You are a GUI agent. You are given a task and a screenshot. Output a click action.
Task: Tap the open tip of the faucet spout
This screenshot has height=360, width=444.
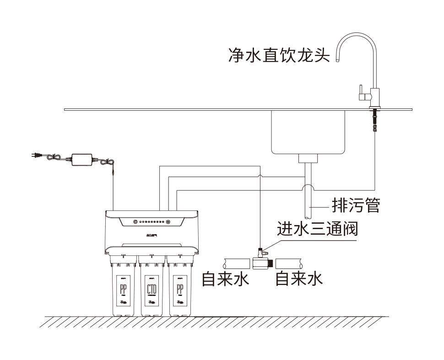click(x=338, y=59)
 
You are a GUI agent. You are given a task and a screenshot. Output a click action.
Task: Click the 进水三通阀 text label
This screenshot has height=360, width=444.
click(x=317, y=228)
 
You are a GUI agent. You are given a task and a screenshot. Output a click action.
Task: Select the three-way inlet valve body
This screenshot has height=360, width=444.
click(x=260, y=263)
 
